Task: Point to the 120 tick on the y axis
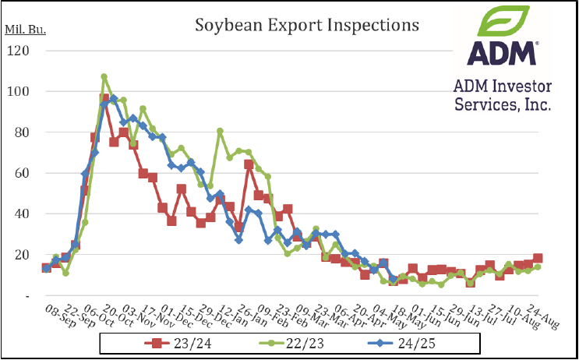tap(19, 51)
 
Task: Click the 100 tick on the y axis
tap(19, 92)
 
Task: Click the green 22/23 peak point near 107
tap(104, 77)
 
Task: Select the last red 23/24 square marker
tap(538, 259)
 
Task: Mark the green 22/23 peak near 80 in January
tap(220, 131)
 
